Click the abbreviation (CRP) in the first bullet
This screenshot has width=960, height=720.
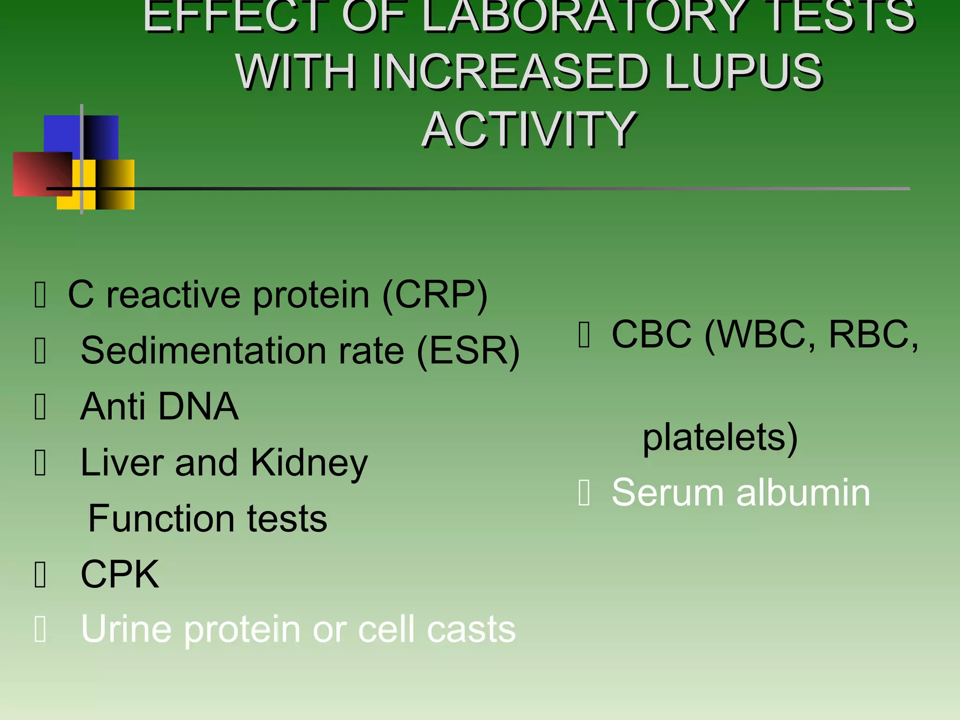pos(435,295)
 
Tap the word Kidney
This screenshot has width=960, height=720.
pos(309,464)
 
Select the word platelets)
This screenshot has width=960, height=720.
pos(720,438)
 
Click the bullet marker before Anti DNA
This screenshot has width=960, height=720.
pos(41,407)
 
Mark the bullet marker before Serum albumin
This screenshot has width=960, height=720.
pos(584,494)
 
